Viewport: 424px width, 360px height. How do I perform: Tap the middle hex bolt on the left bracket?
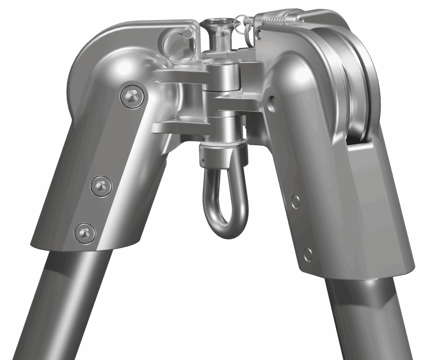click(x=101, y=187)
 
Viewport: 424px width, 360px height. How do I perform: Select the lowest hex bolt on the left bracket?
click(x=85, y=233)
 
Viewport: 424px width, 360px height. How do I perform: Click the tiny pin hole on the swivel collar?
click(x=203, y=158)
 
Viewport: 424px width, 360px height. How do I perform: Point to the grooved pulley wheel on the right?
click(x=352, y=83)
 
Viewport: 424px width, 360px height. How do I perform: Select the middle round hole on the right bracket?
click(x=295, y=201)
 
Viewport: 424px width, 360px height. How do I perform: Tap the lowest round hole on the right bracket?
click(x=308, y=254)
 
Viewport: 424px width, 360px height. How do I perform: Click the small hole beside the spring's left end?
click(x=260, y=33)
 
